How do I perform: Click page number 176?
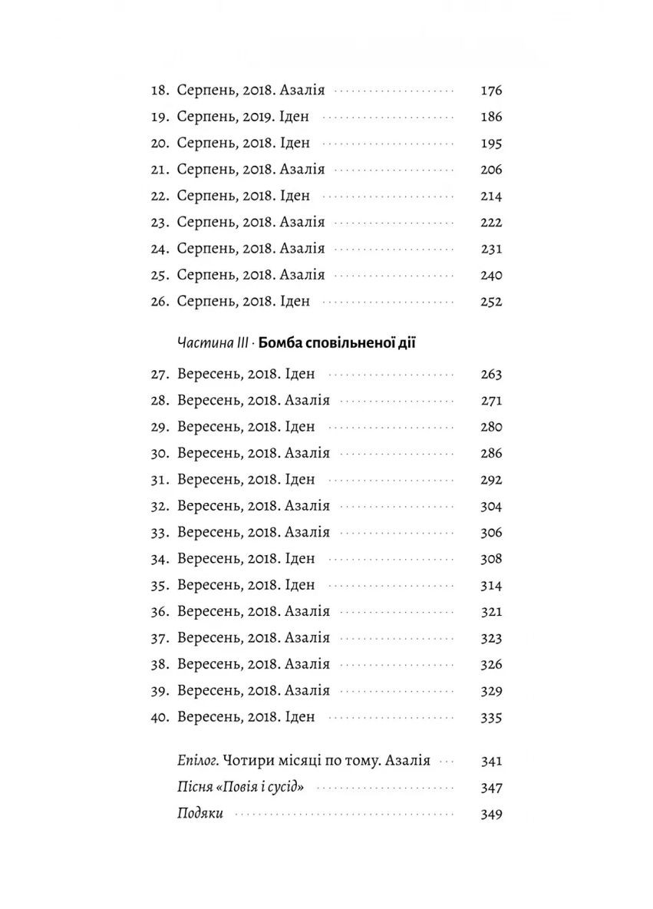[490, 91]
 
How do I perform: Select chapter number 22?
[160, 196]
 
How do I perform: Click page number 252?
[490, 302]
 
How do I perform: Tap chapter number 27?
[160, 375]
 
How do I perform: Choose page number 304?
[490, 507]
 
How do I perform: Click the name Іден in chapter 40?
[300, 717]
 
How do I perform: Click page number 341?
[490, 762]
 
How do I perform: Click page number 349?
[490, 814]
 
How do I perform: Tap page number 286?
[490, 454]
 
